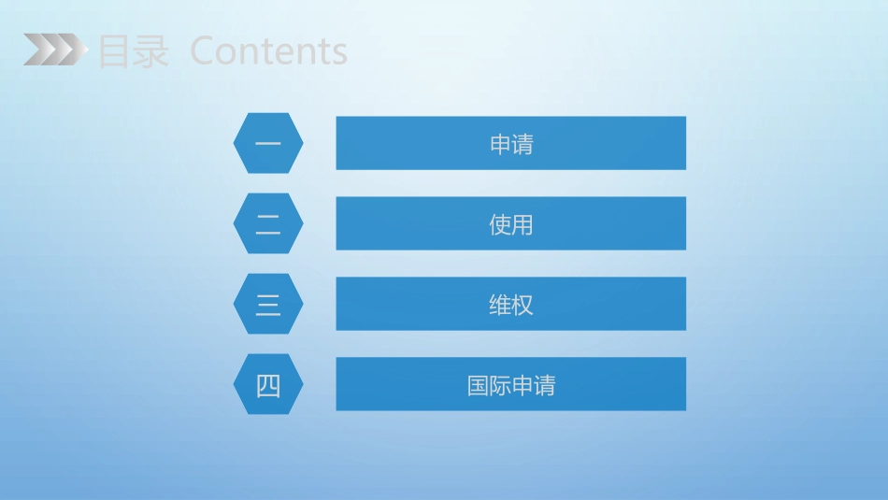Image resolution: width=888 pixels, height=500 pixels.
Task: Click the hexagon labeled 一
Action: [268, 143]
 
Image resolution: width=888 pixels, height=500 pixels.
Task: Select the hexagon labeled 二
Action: [268, 223]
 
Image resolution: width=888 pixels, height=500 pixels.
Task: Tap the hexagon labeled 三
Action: [268, 304]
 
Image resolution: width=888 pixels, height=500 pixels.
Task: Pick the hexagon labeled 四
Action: [268, 384]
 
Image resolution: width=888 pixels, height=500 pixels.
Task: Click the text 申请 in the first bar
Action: [511, 144]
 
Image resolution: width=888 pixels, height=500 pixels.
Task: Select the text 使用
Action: [511, 224]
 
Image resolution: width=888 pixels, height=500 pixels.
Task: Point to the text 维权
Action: [511, 305]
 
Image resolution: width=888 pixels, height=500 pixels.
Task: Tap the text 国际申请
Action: [511, 385]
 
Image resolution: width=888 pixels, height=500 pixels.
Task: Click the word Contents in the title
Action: [268, 51]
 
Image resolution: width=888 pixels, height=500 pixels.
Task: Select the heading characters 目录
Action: [133, 52]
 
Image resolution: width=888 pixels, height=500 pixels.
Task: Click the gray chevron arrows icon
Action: [51, 50]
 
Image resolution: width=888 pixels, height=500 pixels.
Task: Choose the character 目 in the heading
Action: [114, 52]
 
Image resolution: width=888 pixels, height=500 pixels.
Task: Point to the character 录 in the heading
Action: [150, 52]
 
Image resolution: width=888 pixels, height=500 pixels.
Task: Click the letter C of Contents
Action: [202, 51]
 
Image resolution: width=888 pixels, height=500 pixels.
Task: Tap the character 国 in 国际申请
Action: [479, 385]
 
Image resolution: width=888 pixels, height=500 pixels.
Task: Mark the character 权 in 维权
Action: [523, 305]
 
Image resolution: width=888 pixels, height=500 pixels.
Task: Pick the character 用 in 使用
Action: [523, 224]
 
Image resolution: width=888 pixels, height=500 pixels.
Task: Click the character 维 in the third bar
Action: [500, 305]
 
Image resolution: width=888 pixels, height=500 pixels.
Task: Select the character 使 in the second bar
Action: [500, 224]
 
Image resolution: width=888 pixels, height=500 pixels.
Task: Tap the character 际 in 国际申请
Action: [500, 385]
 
